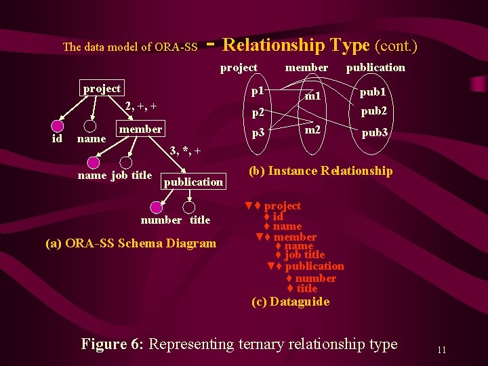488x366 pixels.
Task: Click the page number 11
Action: click(441, 350)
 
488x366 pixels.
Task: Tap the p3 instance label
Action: click(258, 134)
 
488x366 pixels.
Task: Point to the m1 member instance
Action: click(312, 97)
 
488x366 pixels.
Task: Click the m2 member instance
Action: click(312, 129)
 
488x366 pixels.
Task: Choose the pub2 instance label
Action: click(373, 110)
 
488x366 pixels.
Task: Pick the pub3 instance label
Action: click(374, 134)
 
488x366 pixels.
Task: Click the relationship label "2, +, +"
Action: click(141, 106)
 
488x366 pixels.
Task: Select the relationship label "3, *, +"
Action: click(184, 150)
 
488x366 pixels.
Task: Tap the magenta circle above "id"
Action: click(58, 125)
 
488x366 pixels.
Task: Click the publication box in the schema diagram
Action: click(193, 182)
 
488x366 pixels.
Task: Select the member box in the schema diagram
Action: click(140, 129)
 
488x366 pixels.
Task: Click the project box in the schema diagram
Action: click(102, 89)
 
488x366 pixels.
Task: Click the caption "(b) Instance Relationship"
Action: click(320, 171)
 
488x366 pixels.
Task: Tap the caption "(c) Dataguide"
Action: click(290, 302)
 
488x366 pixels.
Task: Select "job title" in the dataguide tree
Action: click(304, 255)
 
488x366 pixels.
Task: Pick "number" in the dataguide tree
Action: click(315, 278)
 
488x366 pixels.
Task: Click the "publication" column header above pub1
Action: click(375, 67)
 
